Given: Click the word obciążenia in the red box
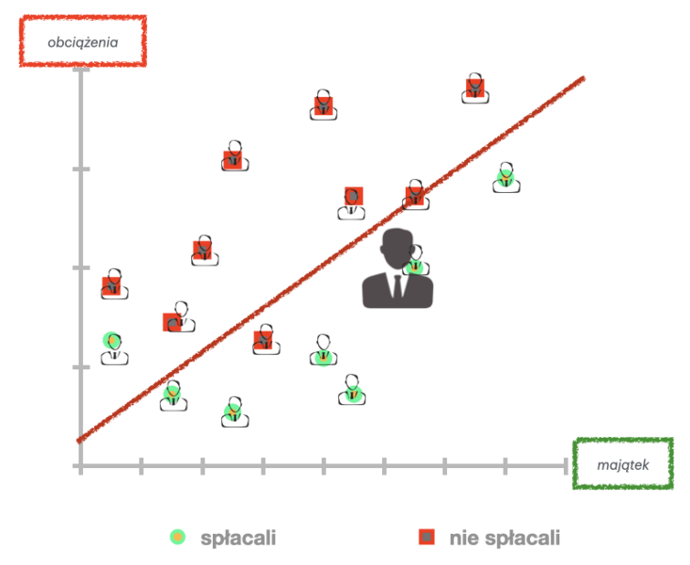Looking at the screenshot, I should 82,41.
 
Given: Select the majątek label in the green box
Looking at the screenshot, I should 622,464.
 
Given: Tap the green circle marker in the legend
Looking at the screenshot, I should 176,537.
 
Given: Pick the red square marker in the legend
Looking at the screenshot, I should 426,537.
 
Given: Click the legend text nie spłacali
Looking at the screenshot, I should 505,538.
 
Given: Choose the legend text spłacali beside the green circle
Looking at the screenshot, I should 238,538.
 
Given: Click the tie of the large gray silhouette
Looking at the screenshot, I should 397,287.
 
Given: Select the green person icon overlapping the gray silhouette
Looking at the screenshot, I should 415,265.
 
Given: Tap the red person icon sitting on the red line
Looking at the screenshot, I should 416,194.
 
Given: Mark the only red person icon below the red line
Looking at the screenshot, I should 265,339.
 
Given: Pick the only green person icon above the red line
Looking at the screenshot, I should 114,346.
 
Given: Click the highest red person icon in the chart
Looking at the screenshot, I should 475,88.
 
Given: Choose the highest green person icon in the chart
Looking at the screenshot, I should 505,177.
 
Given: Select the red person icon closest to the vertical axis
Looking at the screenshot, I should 113,283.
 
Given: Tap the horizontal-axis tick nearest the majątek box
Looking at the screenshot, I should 565,465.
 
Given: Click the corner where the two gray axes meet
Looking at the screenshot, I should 82,465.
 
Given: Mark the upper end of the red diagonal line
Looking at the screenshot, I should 584,78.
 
